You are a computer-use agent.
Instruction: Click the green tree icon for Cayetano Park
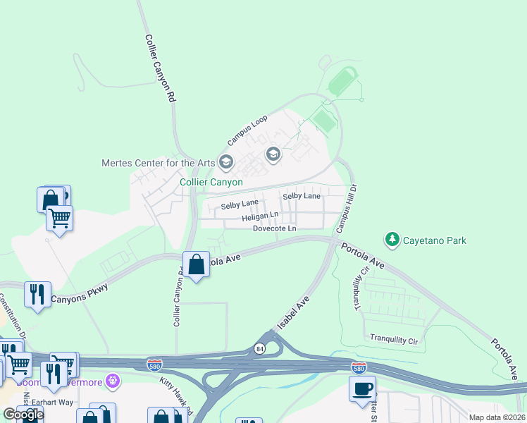(392, 240)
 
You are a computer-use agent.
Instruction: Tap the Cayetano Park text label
(435, 240)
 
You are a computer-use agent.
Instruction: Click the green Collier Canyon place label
(211, 182)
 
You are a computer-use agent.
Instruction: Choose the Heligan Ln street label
(261, 218)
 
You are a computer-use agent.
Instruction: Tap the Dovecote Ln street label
(275, 229)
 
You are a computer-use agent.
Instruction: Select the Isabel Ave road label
(293, 312)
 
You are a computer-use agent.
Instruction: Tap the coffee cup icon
(362, 388)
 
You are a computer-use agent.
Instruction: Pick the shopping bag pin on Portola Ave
(197, 265)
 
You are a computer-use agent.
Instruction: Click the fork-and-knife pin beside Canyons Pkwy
(37, 294)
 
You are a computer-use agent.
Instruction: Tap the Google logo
(23, 415)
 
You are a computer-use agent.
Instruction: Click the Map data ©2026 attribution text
(497, 417)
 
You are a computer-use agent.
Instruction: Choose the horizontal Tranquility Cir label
(395, 339)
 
